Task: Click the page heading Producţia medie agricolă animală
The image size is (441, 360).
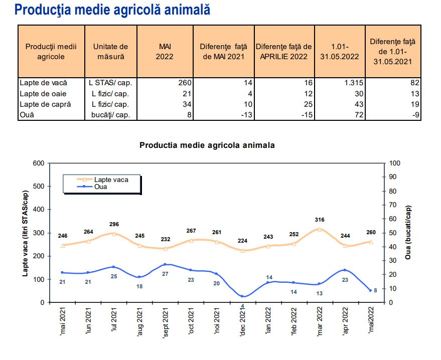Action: tap(112, 10)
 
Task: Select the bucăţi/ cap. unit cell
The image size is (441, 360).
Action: tap(111, 115)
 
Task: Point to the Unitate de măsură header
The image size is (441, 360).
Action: tap(111, 51)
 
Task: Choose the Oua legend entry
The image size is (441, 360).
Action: tap(101, 187)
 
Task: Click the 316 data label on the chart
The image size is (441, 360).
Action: tap(319, 220)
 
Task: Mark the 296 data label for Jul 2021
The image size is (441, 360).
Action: tap(113, 224)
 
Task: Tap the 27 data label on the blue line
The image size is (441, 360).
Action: tap(165, 274)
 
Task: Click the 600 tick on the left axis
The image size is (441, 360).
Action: tap(38, 163)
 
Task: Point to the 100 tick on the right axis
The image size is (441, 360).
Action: tap(395, 163)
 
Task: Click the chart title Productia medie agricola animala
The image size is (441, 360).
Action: tap(207, 145)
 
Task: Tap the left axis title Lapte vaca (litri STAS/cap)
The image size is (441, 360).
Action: tap(25, 233)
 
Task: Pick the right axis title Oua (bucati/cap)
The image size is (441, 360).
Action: tap(409, 233)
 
